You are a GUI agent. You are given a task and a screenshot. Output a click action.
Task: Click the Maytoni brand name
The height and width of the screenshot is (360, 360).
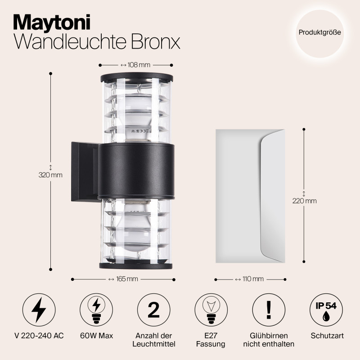pyautogui.click(x=52, y=21)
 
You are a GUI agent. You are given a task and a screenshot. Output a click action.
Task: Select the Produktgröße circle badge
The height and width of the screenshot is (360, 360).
pyautogui.click(x=319, y=32)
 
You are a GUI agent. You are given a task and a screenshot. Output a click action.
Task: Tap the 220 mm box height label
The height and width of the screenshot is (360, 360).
pyautogui.click(x=304, y=201)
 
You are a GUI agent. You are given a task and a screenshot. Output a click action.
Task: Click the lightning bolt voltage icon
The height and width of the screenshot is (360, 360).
pyautogui.click(x=39, y=310)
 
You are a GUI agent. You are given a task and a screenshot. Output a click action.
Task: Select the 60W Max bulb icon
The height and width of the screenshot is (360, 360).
pyautogui.click(x=96, y=310)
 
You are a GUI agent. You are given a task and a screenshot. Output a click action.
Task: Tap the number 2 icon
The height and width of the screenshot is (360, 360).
pyautogui.click(x=153, y=310)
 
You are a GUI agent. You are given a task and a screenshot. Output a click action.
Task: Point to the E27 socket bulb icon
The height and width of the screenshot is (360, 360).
pyautogui.click(x=211, y=310)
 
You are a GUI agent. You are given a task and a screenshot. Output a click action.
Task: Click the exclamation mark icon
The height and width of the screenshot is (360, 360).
pyautogui.click(x=269, y=310)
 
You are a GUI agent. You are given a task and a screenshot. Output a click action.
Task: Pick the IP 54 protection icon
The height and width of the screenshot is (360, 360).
pyautogui.click(x=326, y=310)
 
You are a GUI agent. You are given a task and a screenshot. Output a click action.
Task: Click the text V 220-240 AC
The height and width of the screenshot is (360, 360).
pyautogui.click(x=39, y=336)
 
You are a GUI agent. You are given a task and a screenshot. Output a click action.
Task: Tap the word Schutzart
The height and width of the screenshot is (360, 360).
pyautogui.click(x=326, y=336)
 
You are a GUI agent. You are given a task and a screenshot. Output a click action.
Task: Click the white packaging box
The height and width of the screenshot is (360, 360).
pyautogui.click(x=250, y=195)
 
